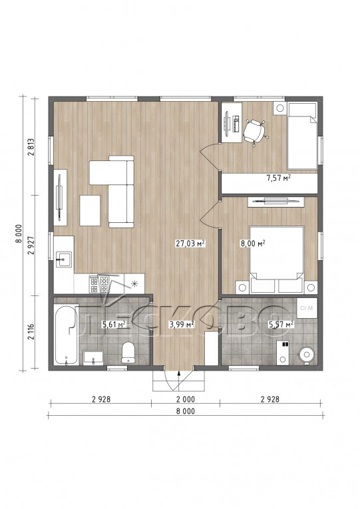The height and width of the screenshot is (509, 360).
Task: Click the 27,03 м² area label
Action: point(190,243)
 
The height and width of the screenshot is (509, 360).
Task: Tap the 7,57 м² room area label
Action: point(278,178)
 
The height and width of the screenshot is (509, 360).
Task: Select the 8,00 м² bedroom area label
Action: point(253,244)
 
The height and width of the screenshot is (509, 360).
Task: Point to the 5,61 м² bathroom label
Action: point(114,323)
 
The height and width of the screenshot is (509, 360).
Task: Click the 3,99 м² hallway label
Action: point(182,323)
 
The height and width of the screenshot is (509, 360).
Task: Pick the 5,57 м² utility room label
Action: point(281,323)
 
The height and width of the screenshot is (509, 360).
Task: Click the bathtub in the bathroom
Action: point(67,335)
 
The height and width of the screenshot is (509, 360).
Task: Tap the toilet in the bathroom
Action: point(128,352)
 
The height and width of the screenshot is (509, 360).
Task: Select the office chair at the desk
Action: point(254,131)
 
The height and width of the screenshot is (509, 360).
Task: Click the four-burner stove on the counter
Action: point(99,284)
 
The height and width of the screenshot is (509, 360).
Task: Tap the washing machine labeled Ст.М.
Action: point(307,308)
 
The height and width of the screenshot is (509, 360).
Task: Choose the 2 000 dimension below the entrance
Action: point(186,399)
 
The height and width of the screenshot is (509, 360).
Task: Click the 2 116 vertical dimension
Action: point(31,331)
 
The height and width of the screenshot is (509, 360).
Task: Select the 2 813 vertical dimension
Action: point(31,147)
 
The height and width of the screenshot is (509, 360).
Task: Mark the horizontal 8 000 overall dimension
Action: point(186,411)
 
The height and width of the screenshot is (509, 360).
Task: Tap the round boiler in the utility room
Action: point(306,355)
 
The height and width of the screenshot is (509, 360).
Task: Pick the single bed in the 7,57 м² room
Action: point(302,136)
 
